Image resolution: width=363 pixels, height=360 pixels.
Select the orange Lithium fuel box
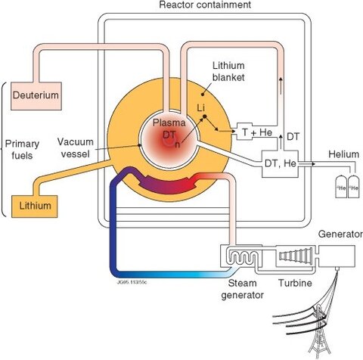click(33, 204)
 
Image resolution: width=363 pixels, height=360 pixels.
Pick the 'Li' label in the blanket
click(200, 108)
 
